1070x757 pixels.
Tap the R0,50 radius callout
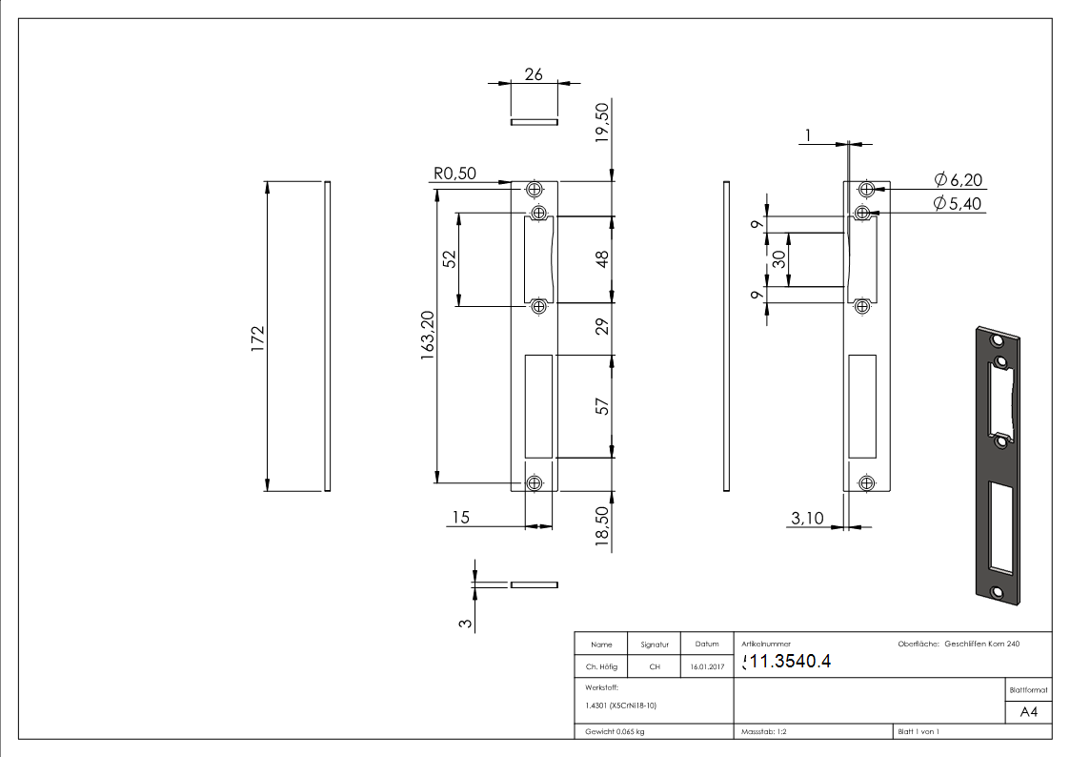coord(454,174)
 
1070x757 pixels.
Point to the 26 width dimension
coord(534,74)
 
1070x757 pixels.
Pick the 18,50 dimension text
coord(601,525)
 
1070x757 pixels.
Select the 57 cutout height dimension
coord(602,407)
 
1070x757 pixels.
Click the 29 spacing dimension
coord(602,329)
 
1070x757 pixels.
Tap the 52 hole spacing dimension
coord(449,259)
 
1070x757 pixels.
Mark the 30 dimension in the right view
coord(779,259)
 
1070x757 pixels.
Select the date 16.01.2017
coord(706,667)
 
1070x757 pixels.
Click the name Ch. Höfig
coord(601,667)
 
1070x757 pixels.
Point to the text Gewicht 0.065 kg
coord(615,731)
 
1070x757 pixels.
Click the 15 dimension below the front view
coord(461,517)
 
